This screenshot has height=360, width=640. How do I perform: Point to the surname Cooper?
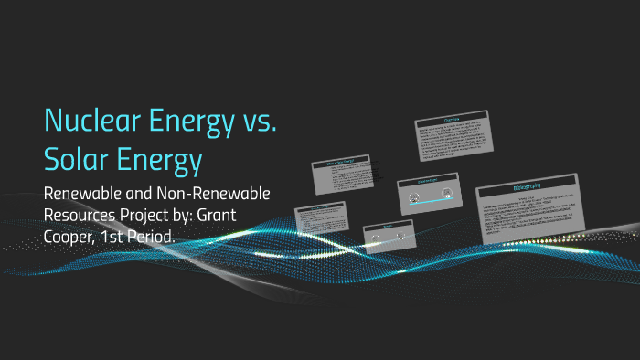tap(74, 237)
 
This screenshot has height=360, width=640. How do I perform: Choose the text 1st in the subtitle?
tap(130, 237)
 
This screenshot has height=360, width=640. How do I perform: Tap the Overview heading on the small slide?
tap(451, 120)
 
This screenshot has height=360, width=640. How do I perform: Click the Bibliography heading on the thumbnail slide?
tap(525, 187)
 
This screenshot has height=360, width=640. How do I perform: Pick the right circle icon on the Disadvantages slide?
tap(445, 193)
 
